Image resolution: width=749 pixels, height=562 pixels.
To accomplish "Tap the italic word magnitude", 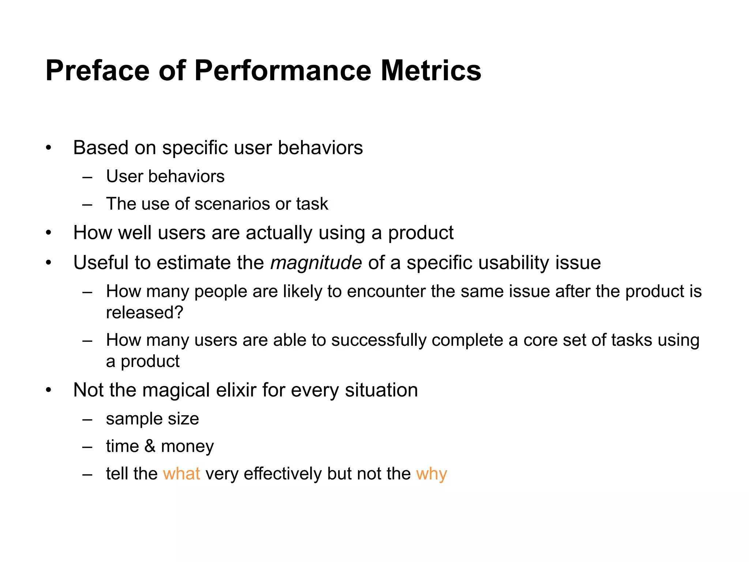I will (316, 263).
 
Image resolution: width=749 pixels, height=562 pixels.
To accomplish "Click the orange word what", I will (181, 473).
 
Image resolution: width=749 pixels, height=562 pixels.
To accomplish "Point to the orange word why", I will (432, 473).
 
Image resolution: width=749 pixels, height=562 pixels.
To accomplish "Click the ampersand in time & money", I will (150, 446).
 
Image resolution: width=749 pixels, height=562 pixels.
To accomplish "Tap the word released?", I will (144, 312).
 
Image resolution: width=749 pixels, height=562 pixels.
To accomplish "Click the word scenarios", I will (232, 204).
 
